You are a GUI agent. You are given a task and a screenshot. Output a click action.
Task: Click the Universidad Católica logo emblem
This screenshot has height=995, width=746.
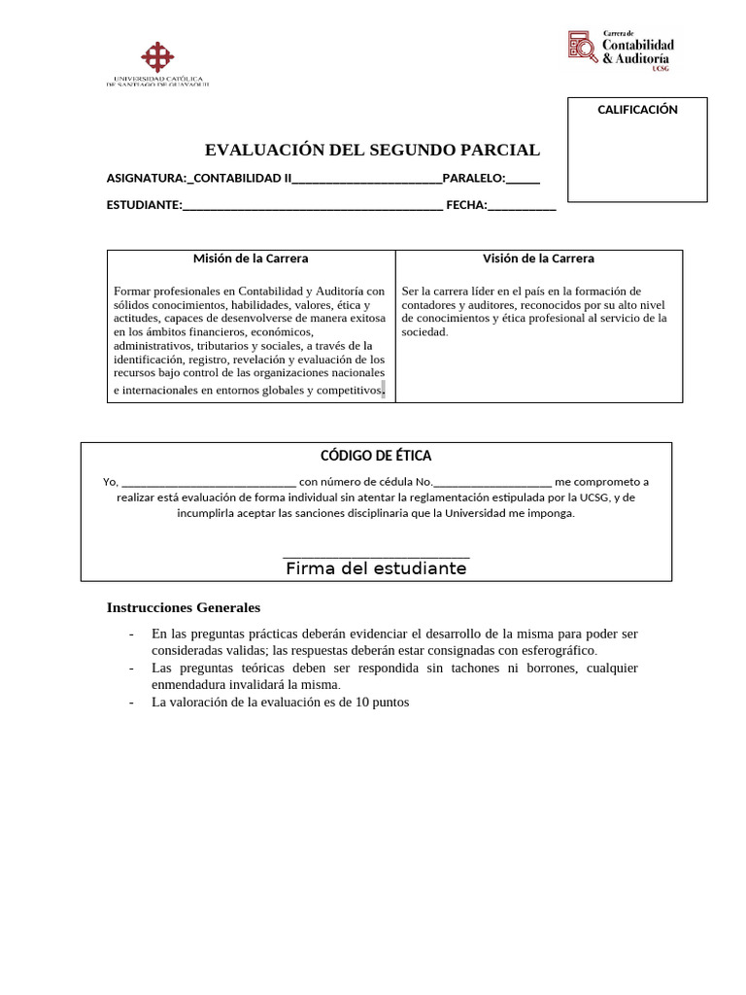157,56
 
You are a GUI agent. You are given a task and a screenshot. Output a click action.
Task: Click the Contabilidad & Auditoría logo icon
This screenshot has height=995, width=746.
583,46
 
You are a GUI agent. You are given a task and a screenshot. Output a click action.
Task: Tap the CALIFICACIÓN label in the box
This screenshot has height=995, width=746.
637,110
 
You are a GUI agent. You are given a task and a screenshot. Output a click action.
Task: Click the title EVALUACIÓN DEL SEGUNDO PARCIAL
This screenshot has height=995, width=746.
372,150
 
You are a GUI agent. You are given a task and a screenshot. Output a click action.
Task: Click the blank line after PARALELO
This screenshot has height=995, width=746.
523,180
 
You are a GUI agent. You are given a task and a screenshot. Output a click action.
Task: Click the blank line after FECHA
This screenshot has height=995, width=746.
522,207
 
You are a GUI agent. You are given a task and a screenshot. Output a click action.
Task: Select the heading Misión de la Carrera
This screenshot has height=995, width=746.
251,258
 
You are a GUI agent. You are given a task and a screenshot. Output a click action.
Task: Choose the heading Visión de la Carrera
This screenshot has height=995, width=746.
538,258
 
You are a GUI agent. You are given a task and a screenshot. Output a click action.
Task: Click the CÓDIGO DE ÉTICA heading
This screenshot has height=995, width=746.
376,456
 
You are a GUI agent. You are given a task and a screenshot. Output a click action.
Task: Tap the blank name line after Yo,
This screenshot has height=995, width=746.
209,483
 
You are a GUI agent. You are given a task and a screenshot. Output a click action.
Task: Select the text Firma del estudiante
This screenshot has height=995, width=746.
376,569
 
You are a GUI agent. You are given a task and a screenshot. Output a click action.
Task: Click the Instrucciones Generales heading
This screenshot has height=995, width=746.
183,607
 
